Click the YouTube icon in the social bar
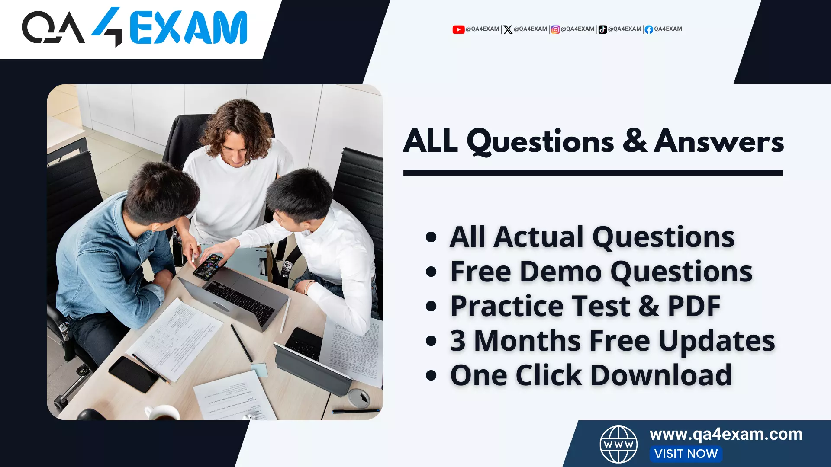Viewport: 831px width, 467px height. [458, 29]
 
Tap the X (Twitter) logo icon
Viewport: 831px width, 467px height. [508, 29]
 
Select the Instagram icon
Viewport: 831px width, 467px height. [555, 29]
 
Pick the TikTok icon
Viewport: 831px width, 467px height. [602, 29]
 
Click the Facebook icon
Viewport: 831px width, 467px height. [648, 29]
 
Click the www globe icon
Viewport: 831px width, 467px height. [618, 444]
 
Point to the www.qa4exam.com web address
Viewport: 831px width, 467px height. [726, 434]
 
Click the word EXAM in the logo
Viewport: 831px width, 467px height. [188, 28]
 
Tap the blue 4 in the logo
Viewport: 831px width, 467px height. [108, 26]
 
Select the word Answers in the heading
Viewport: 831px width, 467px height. [719, 141]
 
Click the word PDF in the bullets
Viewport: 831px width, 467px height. [694, 306]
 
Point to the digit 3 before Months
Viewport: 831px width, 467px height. [457, 341]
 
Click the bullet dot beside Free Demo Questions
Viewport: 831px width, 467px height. [431, 272]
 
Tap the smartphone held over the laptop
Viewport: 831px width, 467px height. [209, 266]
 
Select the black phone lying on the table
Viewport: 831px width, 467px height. [133, 374]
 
